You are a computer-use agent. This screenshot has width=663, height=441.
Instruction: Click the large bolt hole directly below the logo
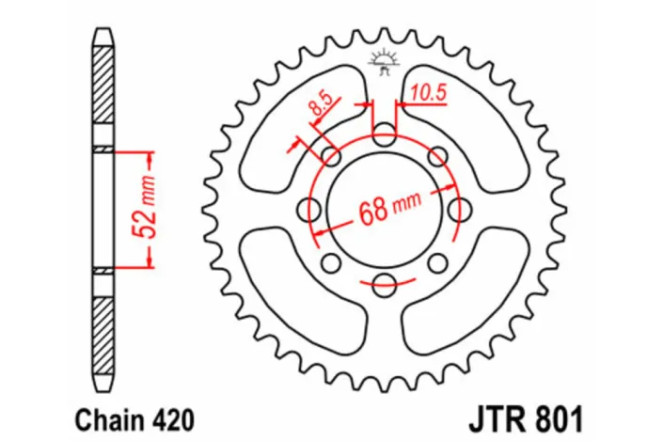click(383, 135)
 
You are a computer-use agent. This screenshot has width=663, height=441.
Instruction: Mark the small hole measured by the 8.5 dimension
click(330, 157)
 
